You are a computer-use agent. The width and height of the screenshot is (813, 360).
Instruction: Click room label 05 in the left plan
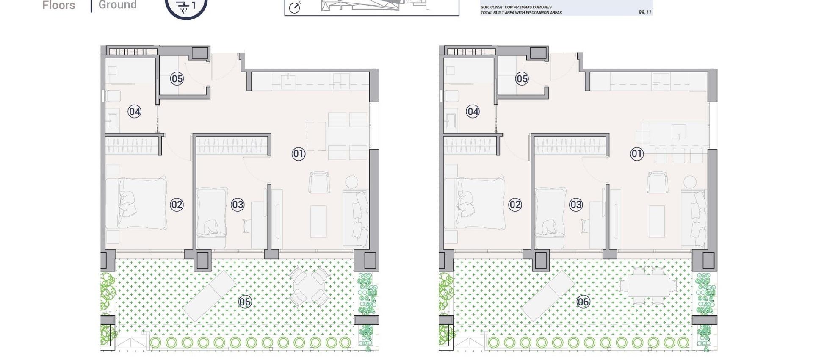click(177, 79)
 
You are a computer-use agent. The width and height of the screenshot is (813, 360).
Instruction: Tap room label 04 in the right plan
click(473, 112)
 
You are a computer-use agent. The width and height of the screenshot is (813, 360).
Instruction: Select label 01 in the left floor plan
click(299, 154)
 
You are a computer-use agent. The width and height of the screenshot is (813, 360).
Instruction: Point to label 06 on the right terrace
click(583, 302)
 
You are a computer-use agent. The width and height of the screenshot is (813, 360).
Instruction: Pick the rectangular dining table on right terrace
click(648, 286)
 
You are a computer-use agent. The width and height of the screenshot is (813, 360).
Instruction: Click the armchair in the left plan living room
click(319, 183)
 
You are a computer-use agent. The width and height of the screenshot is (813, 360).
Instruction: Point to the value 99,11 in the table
click(644, 12)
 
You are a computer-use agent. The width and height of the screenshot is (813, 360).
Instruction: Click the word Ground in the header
click(118, 5)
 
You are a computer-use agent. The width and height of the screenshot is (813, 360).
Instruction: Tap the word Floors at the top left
click(59, 6)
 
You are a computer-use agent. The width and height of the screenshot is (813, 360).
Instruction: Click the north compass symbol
click(295, 7)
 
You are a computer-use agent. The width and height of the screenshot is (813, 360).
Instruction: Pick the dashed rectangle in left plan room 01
click(316, 136)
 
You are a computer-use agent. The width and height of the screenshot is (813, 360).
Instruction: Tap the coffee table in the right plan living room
click(656, 221)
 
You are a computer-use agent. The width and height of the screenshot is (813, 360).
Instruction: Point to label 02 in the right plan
click(515, 205)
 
